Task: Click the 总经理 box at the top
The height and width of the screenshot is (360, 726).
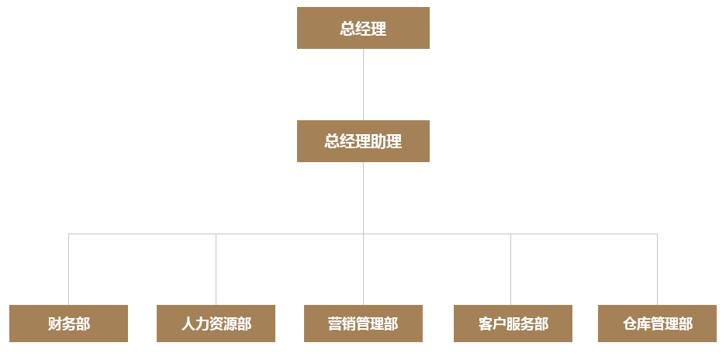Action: [363, 28]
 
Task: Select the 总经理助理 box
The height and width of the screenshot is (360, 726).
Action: [363, 141]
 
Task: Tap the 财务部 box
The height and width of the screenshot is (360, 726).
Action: [68, 324]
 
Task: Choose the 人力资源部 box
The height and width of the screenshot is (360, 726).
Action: [216, 324]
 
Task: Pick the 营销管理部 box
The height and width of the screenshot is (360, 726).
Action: [363, 324]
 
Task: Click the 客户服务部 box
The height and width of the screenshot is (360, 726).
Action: [513, 324]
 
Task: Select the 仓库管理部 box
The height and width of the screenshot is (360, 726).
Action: [657, 324]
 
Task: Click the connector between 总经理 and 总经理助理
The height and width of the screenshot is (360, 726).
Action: [363, 85]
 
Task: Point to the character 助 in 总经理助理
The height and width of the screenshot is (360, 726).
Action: [379, 142]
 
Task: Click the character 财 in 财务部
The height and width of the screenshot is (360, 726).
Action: [54, 324]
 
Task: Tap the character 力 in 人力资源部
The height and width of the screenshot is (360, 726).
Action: [202, 324]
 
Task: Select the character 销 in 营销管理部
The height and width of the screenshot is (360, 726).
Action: [349, 324]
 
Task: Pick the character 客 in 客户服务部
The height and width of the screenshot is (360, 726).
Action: [486, 324]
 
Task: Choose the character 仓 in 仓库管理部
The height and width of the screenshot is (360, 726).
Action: [630, 324]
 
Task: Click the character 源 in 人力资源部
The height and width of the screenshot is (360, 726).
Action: [230, 324]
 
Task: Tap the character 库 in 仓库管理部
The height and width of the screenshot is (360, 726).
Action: [644, 324]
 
